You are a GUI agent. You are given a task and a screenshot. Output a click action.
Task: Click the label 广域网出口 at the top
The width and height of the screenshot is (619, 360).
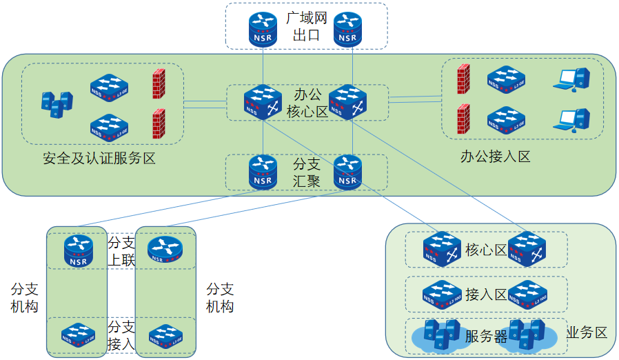tap(306, 26)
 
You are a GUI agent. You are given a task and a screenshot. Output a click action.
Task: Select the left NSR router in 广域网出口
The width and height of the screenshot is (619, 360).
tap(263, 27)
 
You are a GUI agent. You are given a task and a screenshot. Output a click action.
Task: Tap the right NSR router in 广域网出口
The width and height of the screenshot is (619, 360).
tap(348, 28)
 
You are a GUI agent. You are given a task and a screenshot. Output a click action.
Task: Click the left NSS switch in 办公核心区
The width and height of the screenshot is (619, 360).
tap(263, 102)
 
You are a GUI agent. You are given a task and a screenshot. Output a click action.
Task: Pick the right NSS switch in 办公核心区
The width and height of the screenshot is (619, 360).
tap(347, 102)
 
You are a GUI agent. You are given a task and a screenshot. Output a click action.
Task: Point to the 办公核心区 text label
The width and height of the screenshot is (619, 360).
tap(307, 102)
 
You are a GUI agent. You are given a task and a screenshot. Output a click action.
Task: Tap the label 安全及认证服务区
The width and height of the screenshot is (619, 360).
tap(99, 159)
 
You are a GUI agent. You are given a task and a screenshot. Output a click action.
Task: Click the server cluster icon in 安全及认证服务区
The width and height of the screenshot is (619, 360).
tap(56, 104)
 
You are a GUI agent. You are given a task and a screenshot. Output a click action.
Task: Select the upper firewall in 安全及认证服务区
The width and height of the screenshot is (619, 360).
tap(159, 83)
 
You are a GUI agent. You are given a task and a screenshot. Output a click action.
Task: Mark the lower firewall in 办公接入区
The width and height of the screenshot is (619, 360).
tap(463, 120)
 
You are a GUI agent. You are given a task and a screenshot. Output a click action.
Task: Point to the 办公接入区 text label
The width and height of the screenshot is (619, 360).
tap(495, 157)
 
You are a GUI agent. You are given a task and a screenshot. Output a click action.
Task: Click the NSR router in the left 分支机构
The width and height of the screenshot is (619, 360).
tap(78, 250)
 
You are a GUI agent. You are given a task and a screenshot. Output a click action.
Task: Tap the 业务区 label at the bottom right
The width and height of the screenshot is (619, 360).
tap(587, 333)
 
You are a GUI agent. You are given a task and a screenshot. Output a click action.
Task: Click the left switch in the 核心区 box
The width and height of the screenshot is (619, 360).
tap(442, 249)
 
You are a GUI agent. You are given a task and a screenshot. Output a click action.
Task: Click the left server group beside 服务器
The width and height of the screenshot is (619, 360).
tap(440, 334)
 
